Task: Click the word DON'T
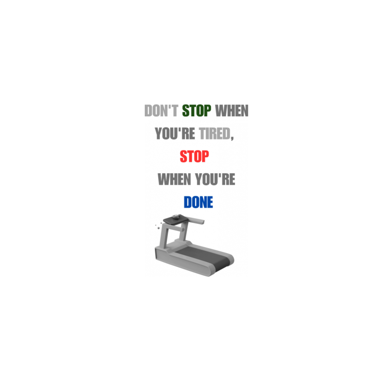[161, 111]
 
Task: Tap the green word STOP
[196, 111]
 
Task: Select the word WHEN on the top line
[232, 111]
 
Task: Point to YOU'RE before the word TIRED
[175, 133]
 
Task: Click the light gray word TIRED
[214, 133]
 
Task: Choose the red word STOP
[194, 156]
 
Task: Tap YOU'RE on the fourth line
[215, 179]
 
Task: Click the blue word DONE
[198, 202]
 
